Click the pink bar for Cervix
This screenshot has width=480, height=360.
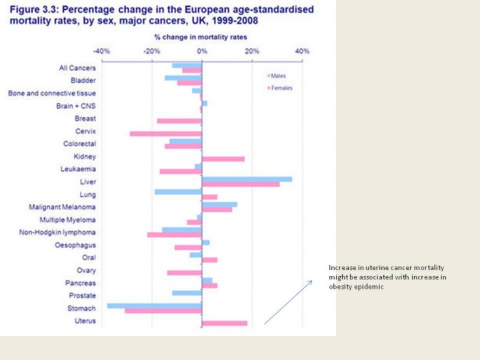coord(166,133)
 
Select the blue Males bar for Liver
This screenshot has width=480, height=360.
coord(247,179)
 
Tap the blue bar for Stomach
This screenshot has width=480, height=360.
coord(155,306)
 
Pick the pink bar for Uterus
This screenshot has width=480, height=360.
coord(224,323)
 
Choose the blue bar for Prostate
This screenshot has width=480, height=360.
coord(187,293)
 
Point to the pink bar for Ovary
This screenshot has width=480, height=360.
coord(185,273)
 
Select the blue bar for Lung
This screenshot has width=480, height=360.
coord(178,192)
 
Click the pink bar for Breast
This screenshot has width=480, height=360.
coord(179,121)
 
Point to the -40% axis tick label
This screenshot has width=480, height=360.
coord(101,51)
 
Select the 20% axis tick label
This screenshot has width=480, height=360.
coord(251,51)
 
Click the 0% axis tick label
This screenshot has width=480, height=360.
coord(202,51)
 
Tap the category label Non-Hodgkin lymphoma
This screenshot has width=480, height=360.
coord(57,232)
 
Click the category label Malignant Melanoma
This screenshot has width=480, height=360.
coord(62,207)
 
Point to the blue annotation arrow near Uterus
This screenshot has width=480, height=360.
coord(288,302)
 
